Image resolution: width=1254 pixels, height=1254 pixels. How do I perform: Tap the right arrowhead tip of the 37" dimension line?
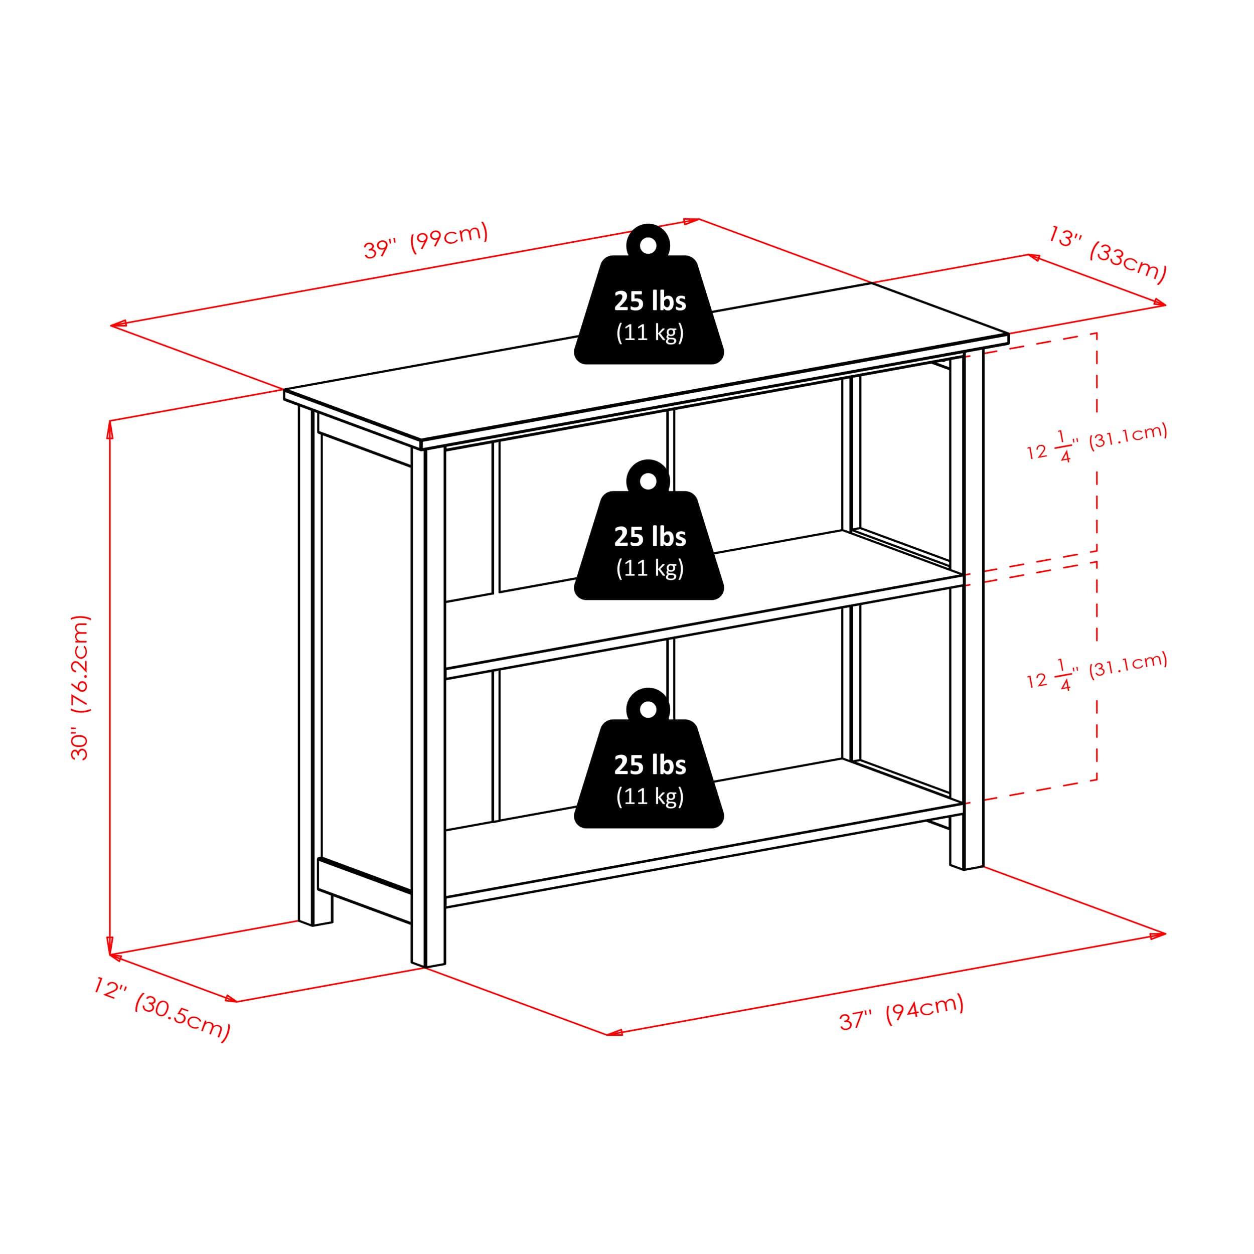[x=1166, y=934]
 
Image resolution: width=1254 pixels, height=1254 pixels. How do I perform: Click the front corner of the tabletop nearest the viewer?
[x=421, y=441]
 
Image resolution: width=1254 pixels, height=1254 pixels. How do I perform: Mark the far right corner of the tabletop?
[x=1008, y=334]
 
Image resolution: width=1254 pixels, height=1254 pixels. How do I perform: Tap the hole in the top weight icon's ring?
[x=648, y=245]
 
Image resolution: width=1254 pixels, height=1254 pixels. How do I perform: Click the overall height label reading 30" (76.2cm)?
[x=80, y=687]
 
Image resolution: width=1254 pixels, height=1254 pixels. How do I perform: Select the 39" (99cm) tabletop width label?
[x=425, y=241]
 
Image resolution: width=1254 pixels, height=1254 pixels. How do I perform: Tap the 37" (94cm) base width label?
[x=901, y=1012]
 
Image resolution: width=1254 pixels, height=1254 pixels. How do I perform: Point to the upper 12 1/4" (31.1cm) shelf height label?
[x=1097, y=443]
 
